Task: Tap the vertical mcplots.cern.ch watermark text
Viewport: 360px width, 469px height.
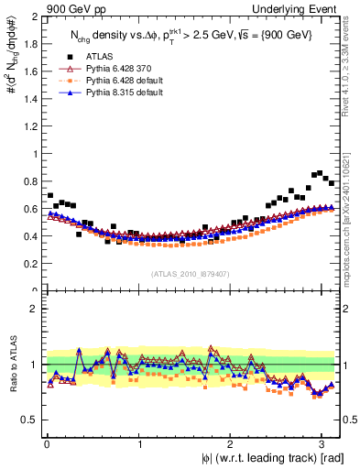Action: [x=353, y=211]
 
